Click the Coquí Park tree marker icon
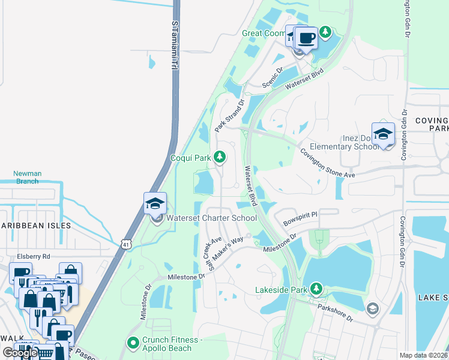coord(220,157)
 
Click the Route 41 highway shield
coord(125,244)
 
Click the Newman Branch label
coord(28,177)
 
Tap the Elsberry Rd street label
coord(34,256)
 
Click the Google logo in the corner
coord(20,353)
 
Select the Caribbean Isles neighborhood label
coord(35,226)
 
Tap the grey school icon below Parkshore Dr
coord(372,308)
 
